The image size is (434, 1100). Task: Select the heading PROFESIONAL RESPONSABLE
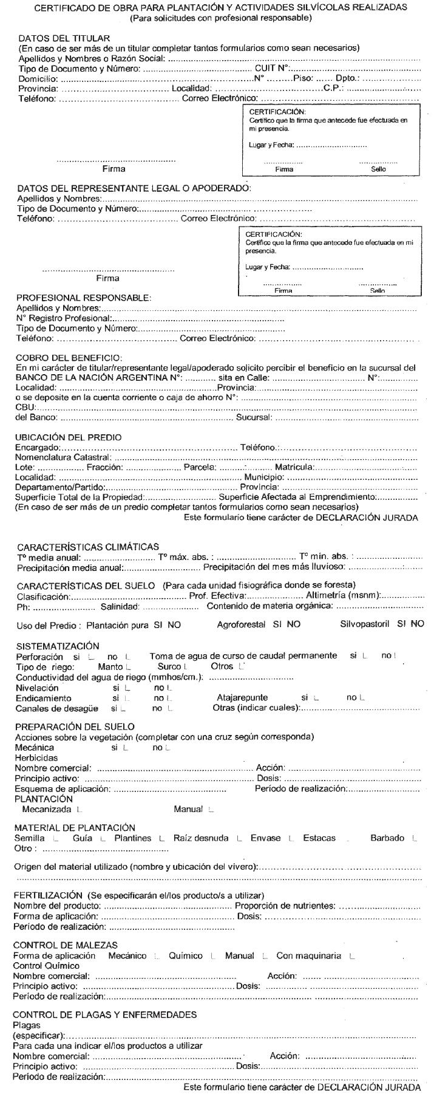coord(83,298)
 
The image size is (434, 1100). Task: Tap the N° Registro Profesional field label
coord(63,318)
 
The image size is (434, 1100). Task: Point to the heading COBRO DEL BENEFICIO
coord(69,357)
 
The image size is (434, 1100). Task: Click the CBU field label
coord(25,407)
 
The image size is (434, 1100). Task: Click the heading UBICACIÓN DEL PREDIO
coord(68,437)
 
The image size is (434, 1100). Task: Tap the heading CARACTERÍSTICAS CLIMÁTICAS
coord(87,547)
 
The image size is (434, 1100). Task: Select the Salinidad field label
coord(120,606)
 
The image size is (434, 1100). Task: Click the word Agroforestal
coord(243,624)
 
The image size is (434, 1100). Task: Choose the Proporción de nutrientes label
coord(285,906)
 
